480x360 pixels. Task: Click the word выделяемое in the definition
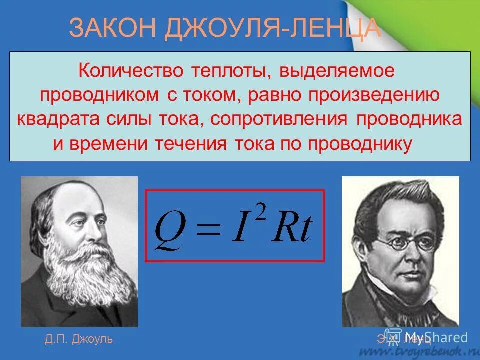point(338,71)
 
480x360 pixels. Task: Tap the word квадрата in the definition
point(59,119)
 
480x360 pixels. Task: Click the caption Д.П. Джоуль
point(78,339)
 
